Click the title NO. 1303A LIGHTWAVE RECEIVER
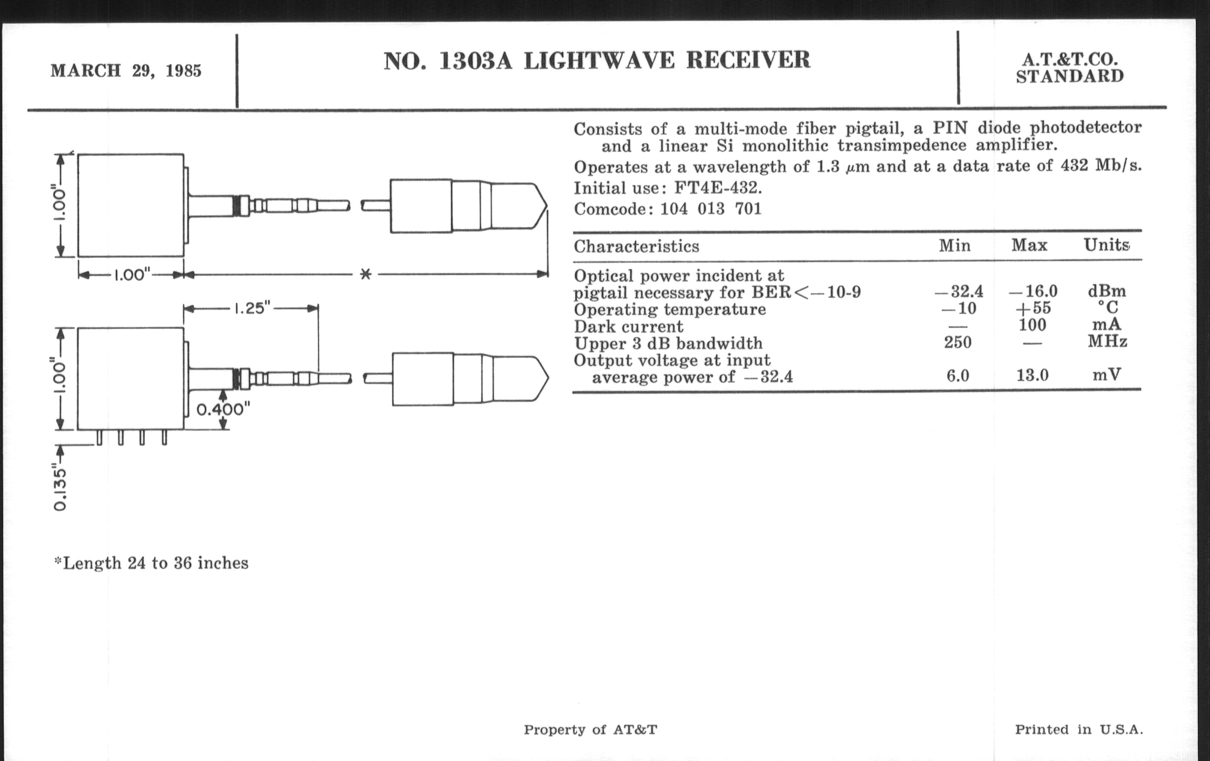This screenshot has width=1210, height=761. pos(597,61)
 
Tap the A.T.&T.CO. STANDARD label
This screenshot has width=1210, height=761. pos(1069,68)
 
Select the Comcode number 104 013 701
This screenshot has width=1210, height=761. pos(710,208)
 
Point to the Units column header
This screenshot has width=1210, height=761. pos(1107,245)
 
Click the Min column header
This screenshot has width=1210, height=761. pos(955,246)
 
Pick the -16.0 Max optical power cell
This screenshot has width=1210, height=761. pos(1032,291)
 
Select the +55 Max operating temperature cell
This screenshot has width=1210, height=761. pos(1032,308)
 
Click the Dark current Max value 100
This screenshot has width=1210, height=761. pos(1032,325)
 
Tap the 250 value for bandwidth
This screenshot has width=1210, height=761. pos(958,342)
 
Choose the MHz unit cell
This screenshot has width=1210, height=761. pos(1108,342)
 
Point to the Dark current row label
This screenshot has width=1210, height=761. pos(628,327)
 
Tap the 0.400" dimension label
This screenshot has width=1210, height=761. pos(222,410)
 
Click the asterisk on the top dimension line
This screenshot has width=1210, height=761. pos(366,274)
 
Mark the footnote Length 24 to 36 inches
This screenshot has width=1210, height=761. pos(151,563)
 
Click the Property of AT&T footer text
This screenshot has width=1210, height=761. pos(590,730)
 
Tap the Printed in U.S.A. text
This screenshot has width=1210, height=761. pos(1078,730)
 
